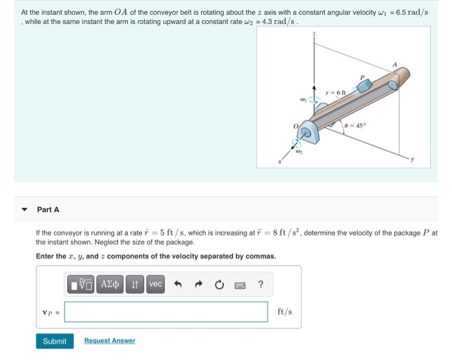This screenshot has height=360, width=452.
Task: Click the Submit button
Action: (x=55, y=341)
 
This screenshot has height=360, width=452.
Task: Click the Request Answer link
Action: (x=110, y=341)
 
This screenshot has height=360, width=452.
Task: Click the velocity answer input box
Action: (x=166, y=312)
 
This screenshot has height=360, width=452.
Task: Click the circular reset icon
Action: (x=220, y=284)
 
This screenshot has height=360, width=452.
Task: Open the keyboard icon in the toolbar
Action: (x=240, y=284)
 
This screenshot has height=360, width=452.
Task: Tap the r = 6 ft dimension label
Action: (x=336, y=92)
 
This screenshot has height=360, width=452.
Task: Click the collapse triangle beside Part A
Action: (x=25, y=209)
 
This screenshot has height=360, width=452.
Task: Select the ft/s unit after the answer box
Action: (x=285, y=312)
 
